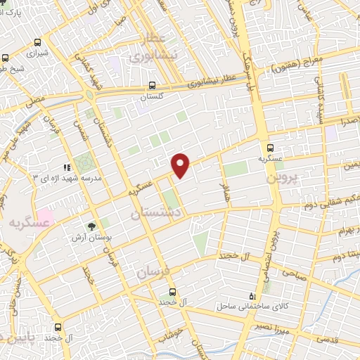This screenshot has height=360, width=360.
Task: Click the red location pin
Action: (x=181, y=165)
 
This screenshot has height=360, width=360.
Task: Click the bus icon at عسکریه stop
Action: (x=271, y=147)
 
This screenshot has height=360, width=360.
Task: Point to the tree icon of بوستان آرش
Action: (x=91, y=226)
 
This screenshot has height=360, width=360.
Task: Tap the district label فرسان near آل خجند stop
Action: (x=153, y=272)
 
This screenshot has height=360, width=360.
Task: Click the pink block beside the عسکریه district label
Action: (x=44, y=215)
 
